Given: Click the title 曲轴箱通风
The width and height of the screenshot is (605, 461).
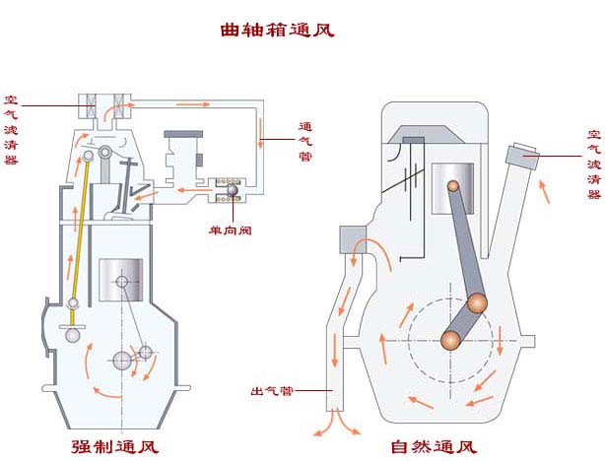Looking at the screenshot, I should click(277, 30).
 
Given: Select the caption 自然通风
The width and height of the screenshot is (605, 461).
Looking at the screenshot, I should click(434, 446).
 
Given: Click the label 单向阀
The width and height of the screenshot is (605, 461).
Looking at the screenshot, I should click(228, 230).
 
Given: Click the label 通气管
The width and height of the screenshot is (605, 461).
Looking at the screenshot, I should click(305, 142).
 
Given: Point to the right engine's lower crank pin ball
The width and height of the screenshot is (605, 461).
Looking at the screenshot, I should click(450, 340).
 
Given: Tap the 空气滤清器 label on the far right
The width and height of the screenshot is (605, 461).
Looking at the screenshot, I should click(593, 164).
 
